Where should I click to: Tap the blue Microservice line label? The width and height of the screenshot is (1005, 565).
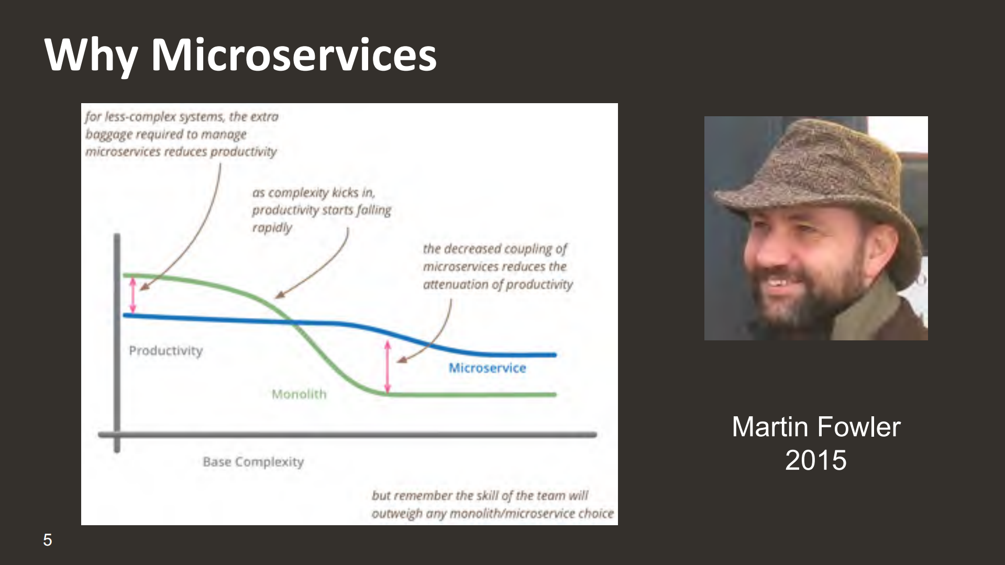[x=487, y=368]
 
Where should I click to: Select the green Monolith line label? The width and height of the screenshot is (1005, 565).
[x=299, y=394]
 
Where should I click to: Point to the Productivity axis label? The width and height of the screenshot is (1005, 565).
[x=165, y=350]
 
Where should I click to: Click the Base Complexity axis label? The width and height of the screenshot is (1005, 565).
[x=253, y=462]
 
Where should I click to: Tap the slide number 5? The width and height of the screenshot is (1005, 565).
[x=48, y=540]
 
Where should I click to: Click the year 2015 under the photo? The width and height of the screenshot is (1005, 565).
[x=815, y=460]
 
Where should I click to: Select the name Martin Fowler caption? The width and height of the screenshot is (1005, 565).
[x=816, y=427]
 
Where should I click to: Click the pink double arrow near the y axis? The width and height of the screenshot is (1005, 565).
[x=133, y=295]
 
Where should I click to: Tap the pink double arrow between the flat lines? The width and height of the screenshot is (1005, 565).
[x=388, y=367]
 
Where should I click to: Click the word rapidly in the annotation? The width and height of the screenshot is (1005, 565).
[x=272, y=228]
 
